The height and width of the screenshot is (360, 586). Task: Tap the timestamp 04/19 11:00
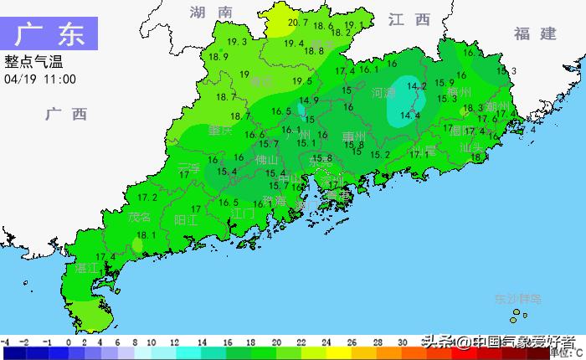(40, 79)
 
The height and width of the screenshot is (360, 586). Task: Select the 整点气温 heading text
(33, 62)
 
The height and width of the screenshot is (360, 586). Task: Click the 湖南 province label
(210, 13)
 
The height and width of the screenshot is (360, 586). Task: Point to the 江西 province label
(409, 19)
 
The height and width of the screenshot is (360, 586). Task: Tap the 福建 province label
(535, 33)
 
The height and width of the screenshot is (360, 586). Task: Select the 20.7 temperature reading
(297, 23)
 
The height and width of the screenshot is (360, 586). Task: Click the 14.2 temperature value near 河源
(417, 85)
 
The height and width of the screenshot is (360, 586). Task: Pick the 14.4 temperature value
(410, 116)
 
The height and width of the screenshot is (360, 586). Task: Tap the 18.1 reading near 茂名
(147, 235)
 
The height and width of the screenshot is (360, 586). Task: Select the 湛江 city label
(87, 269)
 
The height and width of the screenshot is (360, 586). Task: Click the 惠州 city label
(354, 136)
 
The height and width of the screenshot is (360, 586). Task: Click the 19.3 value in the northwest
(237, 42)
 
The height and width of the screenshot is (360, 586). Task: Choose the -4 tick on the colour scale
(5, 342)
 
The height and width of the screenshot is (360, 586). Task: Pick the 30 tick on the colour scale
(403, 342)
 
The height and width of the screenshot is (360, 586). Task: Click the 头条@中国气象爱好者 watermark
(497, 342)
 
